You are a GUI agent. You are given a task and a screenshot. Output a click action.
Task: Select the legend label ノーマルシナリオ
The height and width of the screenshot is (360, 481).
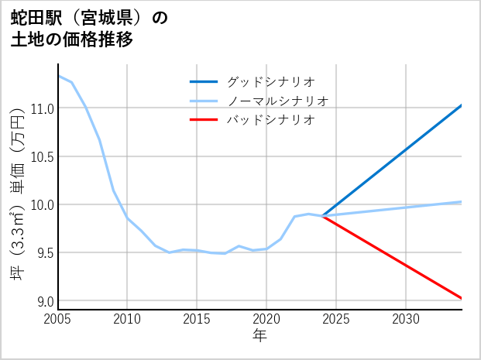tap(277, 101)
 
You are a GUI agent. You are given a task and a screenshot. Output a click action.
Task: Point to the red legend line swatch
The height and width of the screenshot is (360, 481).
tap(204, 120)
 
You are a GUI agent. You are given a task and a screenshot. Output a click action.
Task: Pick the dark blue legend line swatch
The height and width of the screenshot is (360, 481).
tap(204, 81)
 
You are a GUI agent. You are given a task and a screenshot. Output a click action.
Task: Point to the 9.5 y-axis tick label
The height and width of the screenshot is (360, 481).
tap(44, 252)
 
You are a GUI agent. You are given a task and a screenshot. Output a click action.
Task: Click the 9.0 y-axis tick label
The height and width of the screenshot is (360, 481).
tap(44, 300)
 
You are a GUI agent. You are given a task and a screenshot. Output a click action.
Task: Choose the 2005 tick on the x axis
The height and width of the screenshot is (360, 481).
tap(57, 319)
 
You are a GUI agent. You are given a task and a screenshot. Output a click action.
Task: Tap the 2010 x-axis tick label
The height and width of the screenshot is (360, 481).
tap(127, 319)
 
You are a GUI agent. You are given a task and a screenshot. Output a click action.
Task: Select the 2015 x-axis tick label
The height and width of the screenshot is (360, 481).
tap(197, 319)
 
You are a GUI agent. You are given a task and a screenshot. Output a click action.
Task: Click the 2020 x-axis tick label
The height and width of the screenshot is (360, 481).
tap(266, 319)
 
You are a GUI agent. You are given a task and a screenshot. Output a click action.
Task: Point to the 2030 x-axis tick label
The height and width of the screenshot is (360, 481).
tap(406, 319)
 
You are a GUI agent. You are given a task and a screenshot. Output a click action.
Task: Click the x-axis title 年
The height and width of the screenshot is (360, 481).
tap(259, 335)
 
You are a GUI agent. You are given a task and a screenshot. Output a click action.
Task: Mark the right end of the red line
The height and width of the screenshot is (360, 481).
tap(462, 298)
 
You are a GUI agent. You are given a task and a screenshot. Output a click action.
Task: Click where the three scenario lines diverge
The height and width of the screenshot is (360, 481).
tap(323, 216)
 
